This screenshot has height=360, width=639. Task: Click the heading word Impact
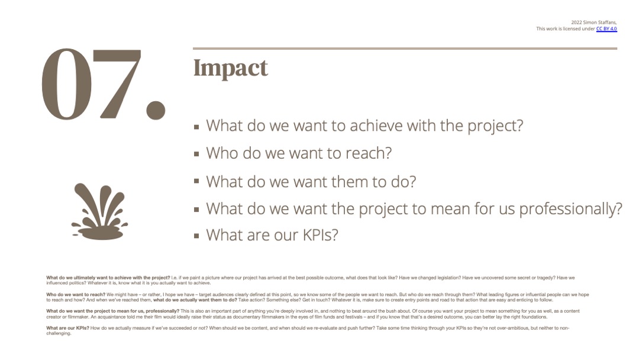pyautogui.click(x=231, y=69)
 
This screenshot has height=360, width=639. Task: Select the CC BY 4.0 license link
pyautogui.click(x=606, y=29)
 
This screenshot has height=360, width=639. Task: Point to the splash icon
pyautogui.click(x=99, y=211)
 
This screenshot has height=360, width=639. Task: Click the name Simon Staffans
pyautogui.click(x=600, y=22)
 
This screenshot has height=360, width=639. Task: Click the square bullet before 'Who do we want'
pyautogui.click(x=196, y=154)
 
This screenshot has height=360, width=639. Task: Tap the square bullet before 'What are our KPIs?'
pyautogui.click(x=196, y=236)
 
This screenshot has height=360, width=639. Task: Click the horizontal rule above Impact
pyautogui.click(x=405, y=49)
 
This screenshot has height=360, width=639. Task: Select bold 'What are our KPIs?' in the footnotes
pyautogui.click(x=67, y=328)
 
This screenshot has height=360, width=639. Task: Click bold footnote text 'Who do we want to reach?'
pyautogui.click(x=76, y=294)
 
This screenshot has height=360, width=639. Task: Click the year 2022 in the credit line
pyautogui.click(x=576, y=22)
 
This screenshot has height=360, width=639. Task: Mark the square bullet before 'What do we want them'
pyautogui.click(x=196, y=181)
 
